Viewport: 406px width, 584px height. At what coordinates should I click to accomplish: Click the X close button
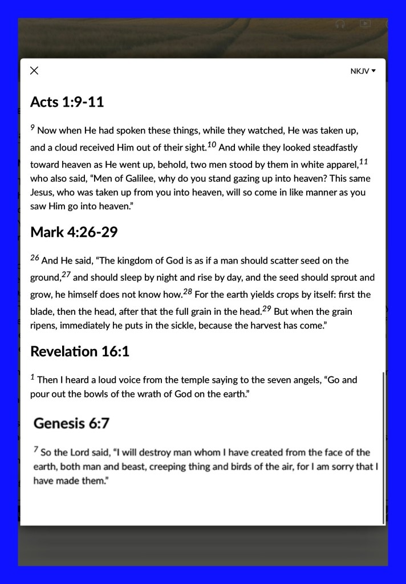click(34, 70)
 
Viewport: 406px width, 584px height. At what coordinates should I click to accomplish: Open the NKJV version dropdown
click(363, 71)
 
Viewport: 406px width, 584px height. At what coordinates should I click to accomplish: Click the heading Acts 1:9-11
click(67, 102)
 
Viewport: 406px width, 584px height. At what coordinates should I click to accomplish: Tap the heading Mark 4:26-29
click(74, 232)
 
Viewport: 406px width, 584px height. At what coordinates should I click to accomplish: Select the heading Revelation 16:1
click(79, 351)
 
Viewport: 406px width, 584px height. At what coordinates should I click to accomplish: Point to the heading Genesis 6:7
click(71, 423)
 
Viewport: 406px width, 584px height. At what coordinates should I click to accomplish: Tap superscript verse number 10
click(212, 145)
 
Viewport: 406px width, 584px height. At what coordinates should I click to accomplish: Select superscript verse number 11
click(364, 162)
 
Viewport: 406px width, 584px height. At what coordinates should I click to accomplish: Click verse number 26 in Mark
click(35, 258)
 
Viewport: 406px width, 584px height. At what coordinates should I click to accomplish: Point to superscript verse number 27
click(66, 275)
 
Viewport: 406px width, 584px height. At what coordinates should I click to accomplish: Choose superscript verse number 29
click(266, 309)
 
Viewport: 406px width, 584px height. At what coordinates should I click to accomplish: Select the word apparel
click(340, 165)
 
